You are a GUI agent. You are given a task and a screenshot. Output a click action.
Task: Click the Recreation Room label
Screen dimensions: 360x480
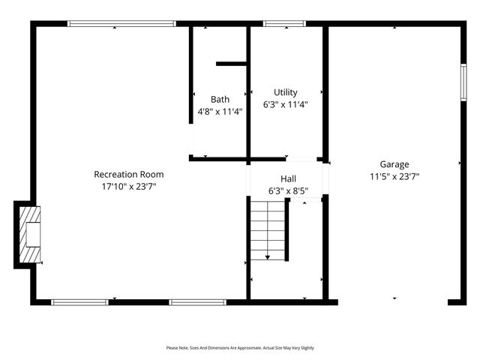pos(128,175)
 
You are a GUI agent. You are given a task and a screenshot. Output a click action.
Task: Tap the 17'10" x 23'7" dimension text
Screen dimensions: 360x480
pos(128,186)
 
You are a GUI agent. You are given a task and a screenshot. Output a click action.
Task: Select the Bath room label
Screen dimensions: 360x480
pos(220,99)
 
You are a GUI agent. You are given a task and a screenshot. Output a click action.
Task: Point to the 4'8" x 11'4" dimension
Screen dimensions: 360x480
pos(220,111)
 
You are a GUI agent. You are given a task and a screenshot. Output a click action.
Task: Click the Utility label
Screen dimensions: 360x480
pos(285,92)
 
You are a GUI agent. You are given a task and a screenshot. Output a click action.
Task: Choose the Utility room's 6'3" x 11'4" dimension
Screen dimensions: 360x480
pos(285,104)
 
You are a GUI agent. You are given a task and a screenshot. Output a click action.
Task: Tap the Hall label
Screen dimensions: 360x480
pos(288,179)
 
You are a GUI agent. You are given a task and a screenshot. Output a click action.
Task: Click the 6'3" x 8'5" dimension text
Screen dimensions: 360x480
pos(288,191)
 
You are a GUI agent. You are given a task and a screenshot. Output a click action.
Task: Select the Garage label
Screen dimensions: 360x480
pos(394,164)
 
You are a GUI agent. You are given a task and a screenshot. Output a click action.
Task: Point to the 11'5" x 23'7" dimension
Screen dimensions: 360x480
pos(394,177)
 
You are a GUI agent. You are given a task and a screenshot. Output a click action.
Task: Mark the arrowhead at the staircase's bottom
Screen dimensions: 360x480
pos(268,257)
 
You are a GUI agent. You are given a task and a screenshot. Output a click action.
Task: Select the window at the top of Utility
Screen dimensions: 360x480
pos(285,24)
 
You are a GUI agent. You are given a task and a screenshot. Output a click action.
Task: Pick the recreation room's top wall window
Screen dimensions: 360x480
pos(121,24)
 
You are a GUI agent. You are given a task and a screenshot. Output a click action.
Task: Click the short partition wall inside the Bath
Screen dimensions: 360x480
pos(232,64)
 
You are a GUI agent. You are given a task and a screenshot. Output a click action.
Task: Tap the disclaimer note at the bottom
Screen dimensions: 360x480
pos(240,348)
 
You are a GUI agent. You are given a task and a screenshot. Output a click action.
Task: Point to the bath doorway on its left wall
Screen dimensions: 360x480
pos(191,139)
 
